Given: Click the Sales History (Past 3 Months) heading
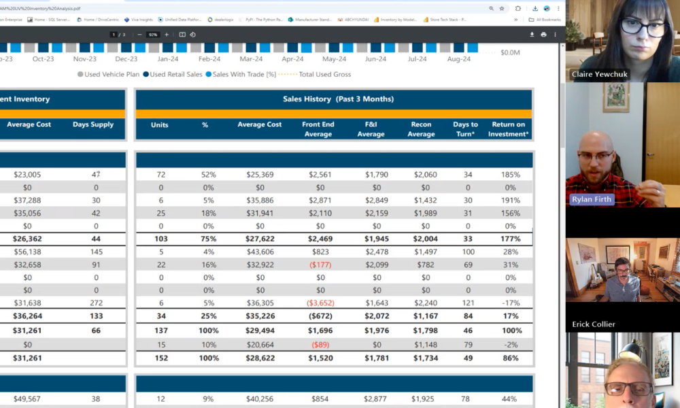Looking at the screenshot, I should [338, 99].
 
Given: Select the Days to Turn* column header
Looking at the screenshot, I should [465, 129].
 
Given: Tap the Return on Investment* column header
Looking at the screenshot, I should [508, 129].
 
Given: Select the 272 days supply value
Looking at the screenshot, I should [96, 303].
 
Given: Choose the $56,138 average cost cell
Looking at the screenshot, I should [27, 252].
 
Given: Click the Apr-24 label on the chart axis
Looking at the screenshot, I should [293, 59].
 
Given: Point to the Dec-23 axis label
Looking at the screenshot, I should [126, 59].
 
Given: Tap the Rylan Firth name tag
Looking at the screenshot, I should [592, 199].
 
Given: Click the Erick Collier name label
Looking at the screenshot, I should [594, 324].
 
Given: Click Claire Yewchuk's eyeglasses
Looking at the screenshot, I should [643, 28].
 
